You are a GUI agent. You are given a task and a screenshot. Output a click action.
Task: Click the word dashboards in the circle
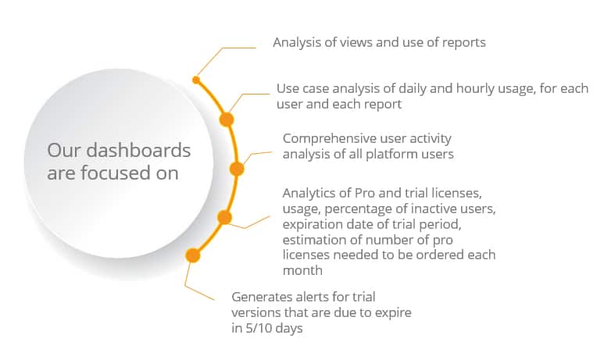(138, 150)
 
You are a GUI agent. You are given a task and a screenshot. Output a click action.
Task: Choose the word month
(302, 270)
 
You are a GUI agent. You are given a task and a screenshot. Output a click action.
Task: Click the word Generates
(262, 297)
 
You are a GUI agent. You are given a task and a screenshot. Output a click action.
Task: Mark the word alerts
(310, 297)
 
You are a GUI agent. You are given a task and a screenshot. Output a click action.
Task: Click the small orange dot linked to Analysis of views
(196, 80)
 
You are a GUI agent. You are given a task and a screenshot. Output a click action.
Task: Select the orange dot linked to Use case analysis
(227, 119)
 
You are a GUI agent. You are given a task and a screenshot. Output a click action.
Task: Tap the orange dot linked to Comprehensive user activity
(237, 169)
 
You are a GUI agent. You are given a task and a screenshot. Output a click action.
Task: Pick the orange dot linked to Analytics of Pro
(224, 218)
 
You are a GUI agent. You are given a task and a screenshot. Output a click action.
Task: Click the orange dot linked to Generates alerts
(192, 255)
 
